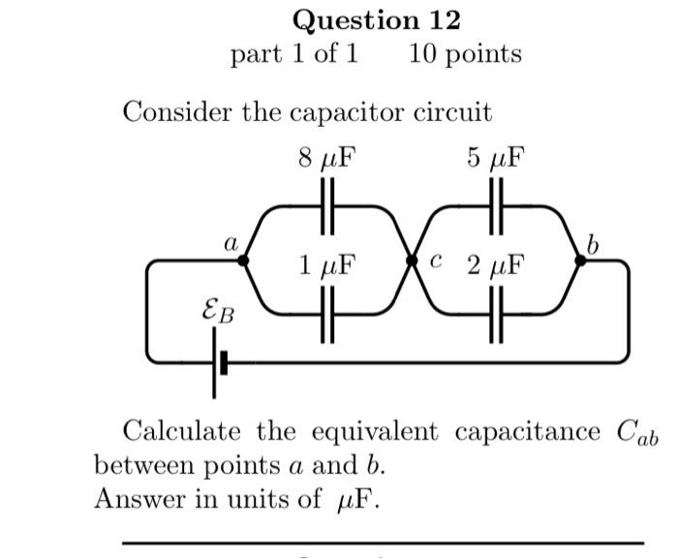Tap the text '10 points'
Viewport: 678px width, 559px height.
(x=465, y=53)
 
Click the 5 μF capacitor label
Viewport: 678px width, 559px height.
(x=496, y=158)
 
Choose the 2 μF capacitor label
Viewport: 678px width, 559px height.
(x=496, y=264)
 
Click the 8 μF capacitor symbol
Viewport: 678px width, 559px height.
(x=327, y=206)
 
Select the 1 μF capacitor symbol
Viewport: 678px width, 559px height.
(x=327, y=316)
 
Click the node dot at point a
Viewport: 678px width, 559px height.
(x=243, y=260)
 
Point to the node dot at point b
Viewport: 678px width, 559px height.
(x=581, y=260)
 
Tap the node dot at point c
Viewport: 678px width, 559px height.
(x=412, y=260)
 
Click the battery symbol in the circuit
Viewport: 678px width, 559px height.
(x=218, y=363)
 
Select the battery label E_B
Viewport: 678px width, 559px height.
(x=216, y=312)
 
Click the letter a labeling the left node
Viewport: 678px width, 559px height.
(x=231, y=243)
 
